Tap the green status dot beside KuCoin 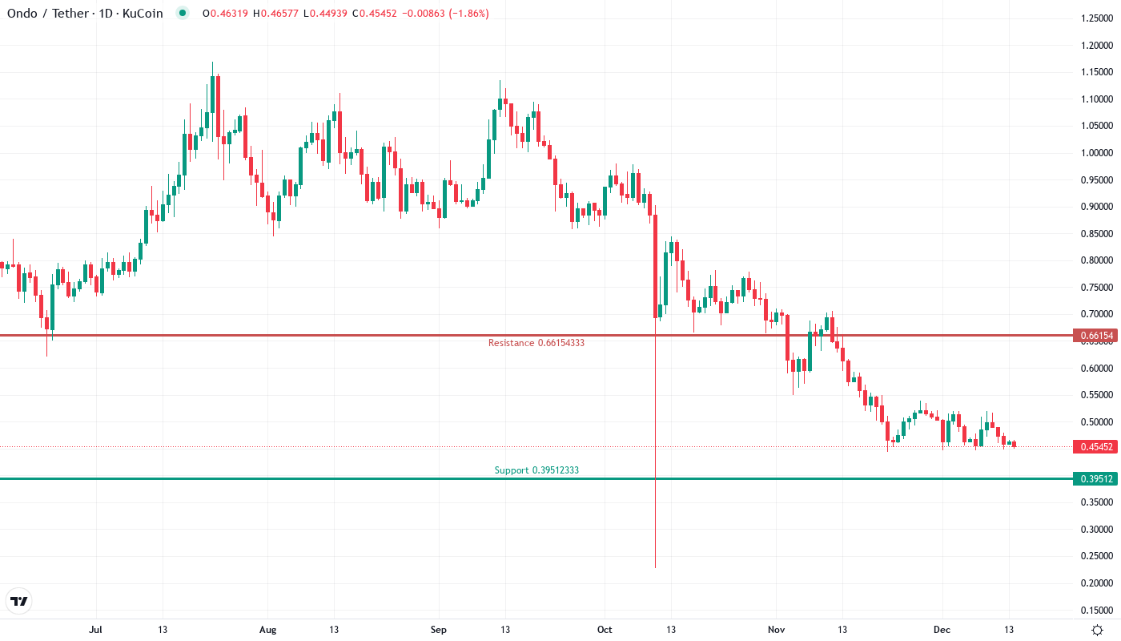pyautogui.click(x=183, y=14)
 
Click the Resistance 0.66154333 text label pyautogui.click(x=536, y=343)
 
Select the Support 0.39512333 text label pyautogui.click(x=536, y=470)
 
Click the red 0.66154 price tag pyautogui.click(x=1095, y=336)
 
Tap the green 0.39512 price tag pyautogui.click(x=1095, y=479)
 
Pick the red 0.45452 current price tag pyautogui.click(x=1095, y=447)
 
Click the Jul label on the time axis pyautogui.click(x=95, y=630)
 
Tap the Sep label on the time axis pyautogui.click(x=438, y=630)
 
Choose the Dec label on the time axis pyautogui.click(x=942, y=630)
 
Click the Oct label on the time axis pyautogui.click(x=605, y=630)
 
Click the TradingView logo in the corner pyautogui.click(x=18, y=601)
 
